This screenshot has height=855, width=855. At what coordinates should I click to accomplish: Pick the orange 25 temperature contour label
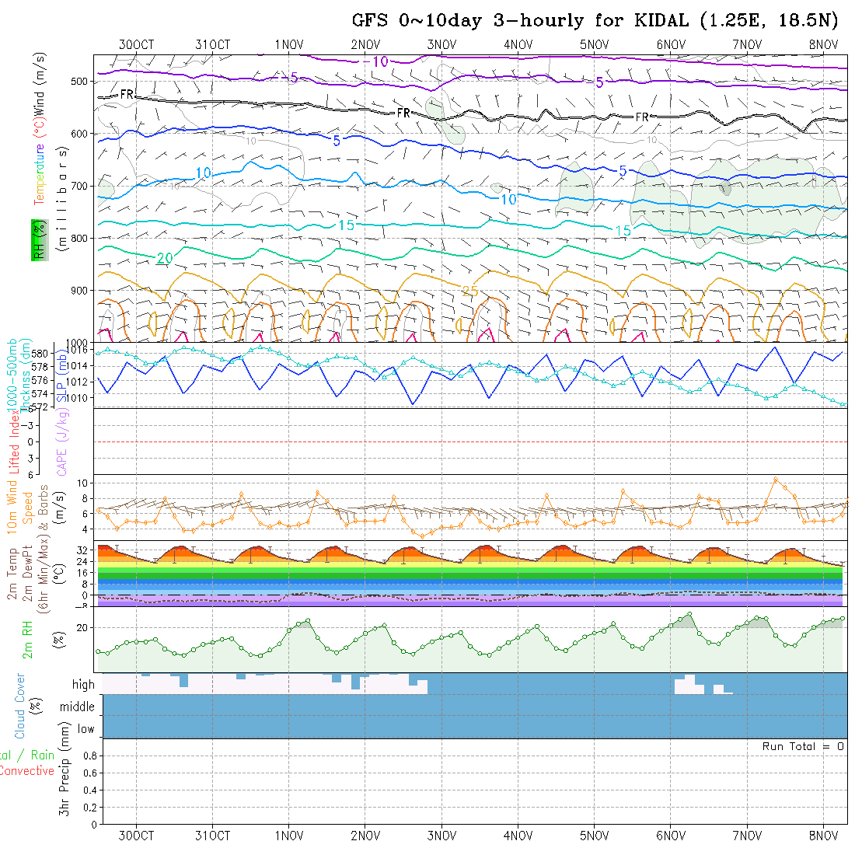[x=469, y=291]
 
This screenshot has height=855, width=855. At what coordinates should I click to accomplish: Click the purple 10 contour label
[x=380, y=61]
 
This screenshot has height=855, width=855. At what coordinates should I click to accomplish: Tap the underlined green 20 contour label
[x=164, y=258]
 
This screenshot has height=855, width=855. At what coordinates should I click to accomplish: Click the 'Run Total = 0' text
[x=803, y=746]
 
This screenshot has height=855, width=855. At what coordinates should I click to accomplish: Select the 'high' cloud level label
[x=83, y=685]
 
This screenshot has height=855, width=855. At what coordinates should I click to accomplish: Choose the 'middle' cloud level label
[x=78, y=707]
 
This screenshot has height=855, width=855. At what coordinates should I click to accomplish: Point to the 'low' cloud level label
[x=85, y=729]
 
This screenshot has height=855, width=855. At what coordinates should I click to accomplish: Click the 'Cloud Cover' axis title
[x=20, y=707]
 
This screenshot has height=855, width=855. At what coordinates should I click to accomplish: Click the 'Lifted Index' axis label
[x=13, y=441]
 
